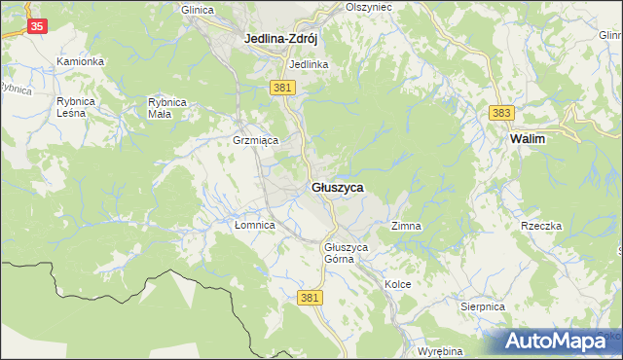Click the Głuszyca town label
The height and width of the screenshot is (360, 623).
click(x=339, y=186)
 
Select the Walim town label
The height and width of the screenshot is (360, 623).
click(x=527, y=139)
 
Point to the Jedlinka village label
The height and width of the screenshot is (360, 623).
click(x=309, y=64)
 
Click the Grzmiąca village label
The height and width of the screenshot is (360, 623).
click(x=256, y=140)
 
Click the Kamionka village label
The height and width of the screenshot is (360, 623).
click(x=80, y=61)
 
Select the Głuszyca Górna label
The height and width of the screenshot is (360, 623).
click(x=347, y=253)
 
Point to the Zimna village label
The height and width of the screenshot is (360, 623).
click(x=406, y=226)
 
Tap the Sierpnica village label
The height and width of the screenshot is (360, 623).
click(x=483, y=306)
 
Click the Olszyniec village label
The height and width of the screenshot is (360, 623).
click(x=368, y=6)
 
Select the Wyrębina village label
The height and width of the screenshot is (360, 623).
click(x=438, y=350)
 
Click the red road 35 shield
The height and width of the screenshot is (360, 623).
click(x=36, y=27)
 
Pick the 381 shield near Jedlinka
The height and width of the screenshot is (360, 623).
click(x=282, y=88)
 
